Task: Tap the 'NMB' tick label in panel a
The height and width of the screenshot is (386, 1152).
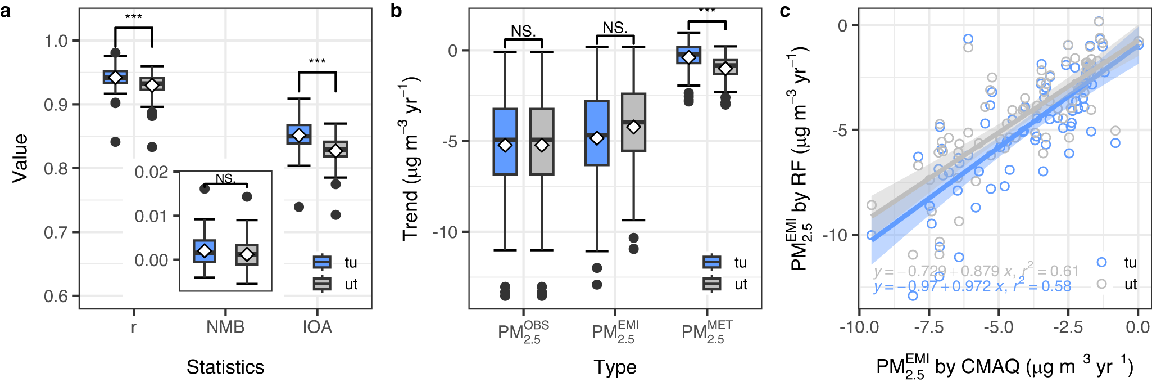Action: click(x=225, y=327)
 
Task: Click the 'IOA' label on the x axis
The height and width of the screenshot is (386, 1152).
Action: click(x=317, y=327)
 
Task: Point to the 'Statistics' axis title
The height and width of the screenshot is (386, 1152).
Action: click(x=225, y=367)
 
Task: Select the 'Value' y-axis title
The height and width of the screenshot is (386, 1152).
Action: click(x=20, y=158)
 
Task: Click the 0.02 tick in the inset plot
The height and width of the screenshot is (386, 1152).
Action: click(x=151, y=172)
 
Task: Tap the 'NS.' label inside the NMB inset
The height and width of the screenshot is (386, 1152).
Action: click(x=225, y=179)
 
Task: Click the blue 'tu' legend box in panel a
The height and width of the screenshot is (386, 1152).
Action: click(x=322, y=262)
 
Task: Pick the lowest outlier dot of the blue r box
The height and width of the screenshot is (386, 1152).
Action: click(x=115, y=142)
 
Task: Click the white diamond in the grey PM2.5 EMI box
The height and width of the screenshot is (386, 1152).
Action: click(x=633, y=127)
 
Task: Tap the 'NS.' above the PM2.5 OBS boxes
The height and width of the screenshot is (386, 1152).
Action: click(x=523, y=32)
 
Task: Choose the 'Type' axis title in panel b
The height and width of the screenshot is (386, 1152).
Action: click(x=615, y=367)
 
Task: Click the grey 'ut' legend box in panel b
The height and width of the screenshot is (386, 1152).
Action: click(x=712, y=284)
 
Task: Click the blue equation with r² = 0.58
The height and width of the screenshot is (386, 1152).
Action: click(x=972, y=286)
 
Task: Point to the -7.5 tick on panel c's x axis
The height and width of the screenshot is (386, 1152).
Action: click(x=929, y=327)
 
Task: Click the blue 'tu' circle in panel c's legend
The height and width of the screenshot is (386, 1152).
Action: click(x=1101, y=262)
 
